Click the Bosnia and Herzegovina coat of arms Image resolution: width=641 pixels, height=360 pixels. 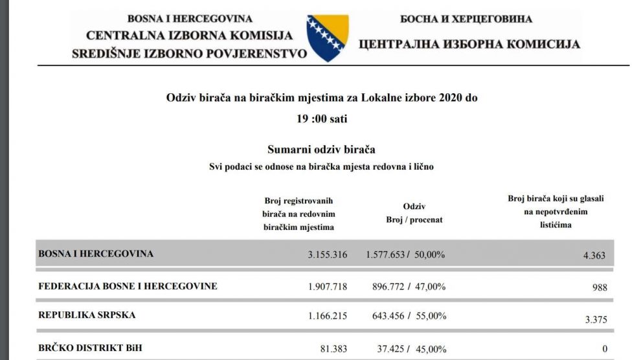pyautogui.click(x=328, y=38)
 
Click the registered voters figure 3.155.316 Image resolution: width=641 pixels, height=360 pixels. pyautogui.click(x=327, y=254)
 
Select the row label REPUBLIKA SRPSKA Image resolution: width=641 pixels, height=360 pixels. pyautogui.click(x=87, y=315)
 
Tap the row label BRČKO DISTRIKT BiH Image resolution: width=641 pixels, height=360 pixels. pyautogui.click(x=90, y=348)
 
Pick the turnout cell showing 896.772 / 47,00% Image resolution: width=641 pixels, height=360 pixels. pyautogui.click(x=405, y=286)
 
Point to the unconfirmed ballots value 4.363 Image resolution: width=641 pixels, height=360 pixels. pyautogui.click(x=594, y=255)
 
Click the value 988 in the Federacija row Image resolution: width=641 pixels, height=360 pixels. pyautogui.click(x=600, y=287)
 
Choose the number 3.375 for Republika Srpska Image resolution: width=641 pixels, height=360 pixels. pyautogui.click(x=595, y=319)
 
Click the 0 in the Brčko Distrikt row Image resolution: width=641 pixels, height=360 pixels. pyautogui.click(x=605, y=350)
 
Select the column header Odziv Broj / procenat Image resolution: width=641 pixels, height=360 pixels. pyautogui.click(x=414, y=213)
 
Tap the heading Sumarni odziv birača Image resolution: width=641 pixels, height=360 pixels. pyautogui.click(x=321, y=150)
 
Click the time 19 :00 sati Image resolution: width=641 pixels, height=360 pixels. pyautogui.click(x=321, y=119)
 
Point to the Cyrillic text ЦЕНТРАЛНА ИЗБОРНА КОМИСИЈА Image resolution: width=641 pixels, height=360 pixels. pyautogui.click(x=469, y=45)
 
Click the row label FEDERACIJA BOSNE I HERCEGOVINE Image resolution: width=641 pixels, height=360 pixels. pyautogui.click(x=128, y=286)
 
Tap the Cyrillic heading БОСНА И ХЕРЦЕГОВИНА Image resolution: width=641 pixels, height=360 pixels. pyautogui.click(x=466, y=19)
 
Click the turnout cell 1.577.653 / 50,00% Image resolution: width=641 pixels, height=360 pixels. pyautogui.click(x=405, y=254)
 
